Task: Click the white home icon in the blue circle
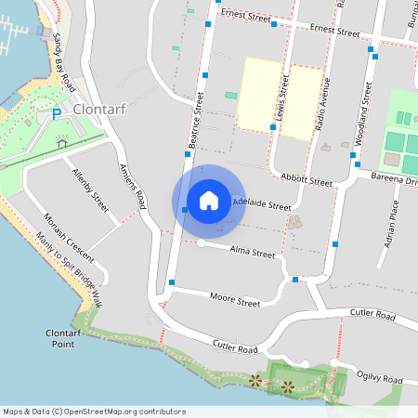(209, 200)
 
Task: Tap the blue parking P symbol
(56, 114)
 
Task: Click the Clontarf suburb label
(98, 109)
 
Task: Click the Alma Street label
(253, 253)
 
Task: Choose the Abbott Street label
(306, 180)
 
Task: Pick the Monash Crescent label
(69, 238)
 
